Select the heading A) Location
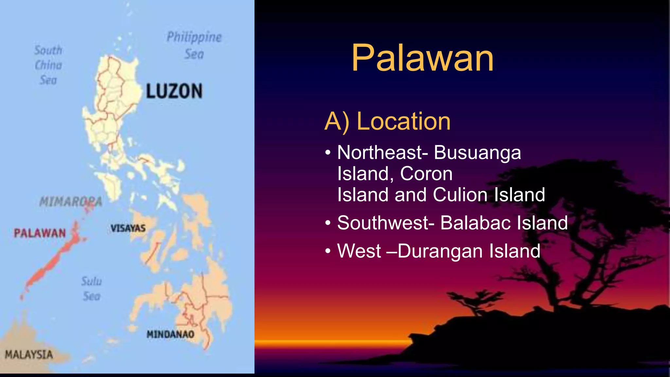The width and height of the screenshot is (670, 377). click(387, 121)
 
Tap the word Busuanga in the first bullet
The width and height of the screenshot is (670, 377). click(477, 153)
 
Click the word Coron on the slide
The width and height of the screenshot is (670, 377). click(426, 173)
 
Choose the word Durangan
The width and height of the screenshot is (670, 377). click(440, 251)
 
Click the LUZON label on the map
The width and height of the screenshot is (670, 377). click(174, 91)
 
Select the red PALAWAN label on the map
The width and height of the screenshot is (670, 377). click(40, 233)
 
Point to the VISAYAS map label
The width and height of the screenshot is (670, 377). click(128, 228)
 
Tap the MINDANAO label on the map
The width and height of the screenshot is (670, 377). click(170, 334)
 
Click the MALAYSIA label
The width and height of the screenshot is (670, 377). click(29, 354)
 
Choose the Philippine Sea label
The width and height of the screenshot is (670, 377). click(194, 45)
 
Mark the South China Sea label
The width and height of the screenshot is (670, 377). click(48, 65)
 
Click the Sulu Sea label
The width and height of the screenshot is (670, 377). click(91, 289)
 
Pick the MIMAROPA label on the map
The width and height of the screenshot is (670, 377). click(70, 202)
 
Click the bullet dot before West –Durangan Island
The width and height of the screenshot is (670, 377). click(328, 251)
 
